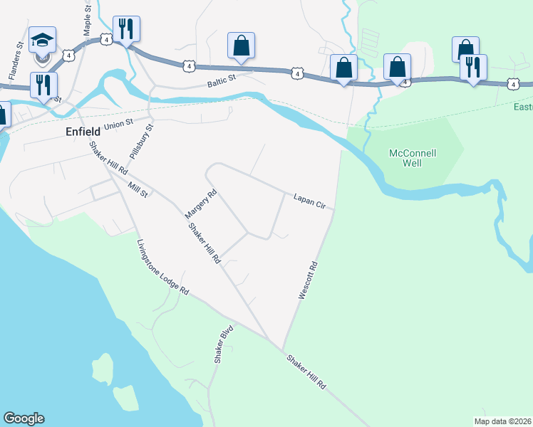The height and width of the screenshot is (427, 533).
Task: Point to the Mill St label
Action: point(138,190)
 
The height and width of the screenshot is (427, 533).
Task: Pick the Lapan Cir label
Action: point(309,201)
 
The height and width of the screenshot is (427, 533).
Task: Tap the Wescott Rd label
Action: point(307,280)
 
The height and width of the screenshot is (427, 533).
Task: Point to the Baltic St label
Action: point(221,84)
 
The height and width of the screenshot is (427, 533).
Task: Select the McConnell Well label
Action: point(412,158)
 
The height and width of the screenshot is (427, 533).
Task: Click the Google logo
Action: point(24,418)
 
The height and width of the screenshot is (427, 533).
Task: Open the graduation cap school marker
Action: point(43,40)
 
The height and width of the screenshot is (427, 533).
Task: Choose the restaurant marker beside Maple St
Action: point(126,29)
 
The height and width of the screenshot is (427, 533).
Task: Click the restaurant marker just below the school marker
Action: point(43,85)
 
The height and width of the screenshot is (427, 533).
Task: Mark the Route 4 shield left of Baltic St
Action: point(188,65)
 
